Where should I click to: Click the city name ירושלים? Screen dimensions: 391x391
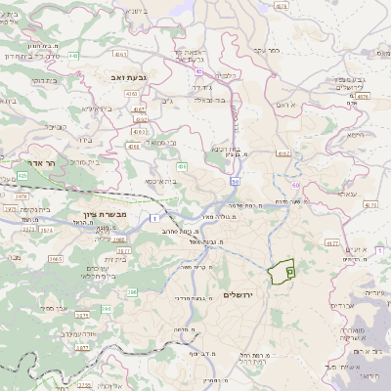point(239,294)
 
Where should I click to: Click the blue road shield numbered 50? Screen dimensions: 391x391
point(236,181)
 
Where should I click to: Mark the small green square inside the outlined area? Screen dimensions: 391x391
point(289,273)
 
